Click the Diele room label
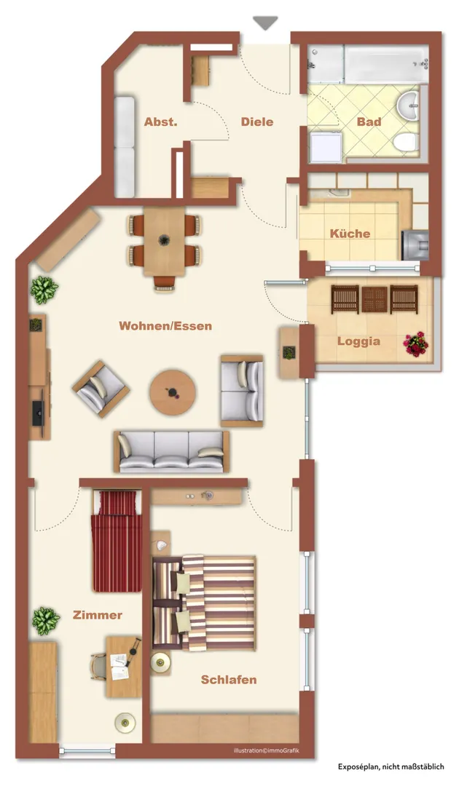point(257,122)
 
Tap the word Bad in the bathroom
point(369,122)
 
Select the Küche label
point(350,234)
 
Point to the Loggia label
point(358,341)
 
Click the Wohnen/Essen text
point(165,326)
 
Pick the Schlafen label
point(229,680)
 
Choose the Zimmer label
point(98,615)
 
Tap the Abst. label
point(160,122)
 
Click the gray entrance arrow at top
point(265,23)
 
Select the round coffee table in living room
point(173,392)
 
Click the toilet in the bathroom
point(406,143)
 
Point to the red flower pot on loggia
point(416,344)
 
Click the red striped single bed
point(117,541)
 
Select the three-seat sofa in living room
point(171,452)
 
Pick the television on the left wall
point(38,413)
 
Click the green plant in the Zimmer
point(46,621)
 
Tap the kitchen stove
point(415,245)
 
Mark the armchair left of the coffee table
point(101,389)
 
